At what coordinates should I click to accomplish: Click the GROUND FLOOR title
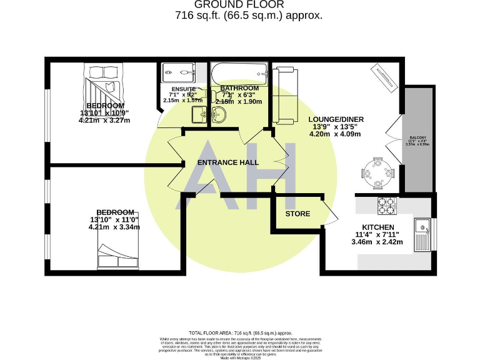coord(239,5)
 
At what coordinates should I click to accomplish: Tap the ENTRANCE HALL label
coord(227,162)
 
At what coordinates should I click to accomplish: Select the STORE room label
coord(297,214)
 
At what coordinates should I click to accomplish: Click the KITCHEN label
coord(378,227)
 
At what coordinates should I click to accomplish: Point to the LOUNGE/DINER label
coord(336,119)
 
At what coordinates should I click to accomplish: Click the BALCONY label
coord(418,137)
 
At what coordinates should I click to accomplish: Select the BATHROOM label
coord(239,88)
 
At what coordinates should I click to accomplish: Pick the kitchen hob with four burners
coord(387,204)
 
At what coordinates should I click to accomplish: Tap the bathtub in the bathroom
coord(239,73)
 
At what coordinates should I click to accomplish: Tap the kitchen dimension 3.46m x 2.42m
coord(378,242)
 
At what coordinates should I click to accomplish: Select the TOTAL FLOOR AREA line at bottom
coord(240,333)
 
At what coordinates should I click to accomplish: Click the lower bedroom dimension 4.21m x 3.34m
coord(114,227)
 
